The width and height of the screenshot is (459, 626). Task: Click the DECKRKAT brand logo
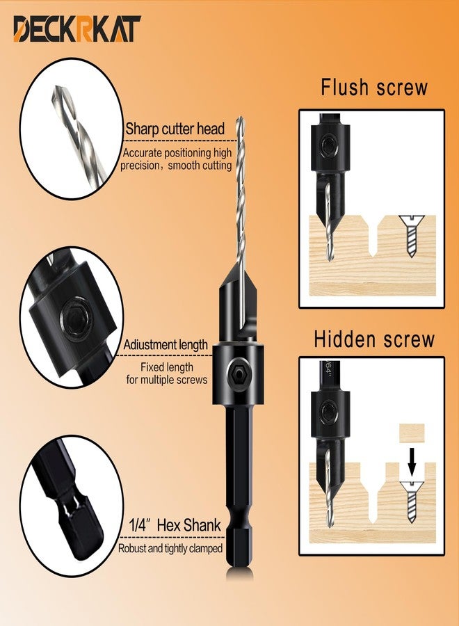76,29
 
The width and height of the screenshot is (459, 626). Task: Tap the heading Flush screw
374,88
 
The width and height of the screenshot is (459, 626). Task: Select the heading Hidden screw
374,339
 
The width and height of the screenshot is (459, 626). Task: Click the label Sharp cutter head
175,129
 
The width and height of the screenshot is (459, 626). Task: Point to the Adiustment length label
166,344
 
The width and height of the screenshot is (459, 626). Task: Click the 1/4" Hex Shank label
175,525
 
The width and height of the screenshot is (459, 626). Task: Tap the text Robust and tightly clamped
170,549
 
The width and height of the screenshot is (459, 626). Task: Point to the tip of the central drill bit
240,118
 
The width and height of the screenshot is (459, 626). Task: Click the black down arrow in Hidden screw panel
412,463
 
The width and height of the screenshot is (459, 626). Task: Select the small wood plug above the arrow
412,433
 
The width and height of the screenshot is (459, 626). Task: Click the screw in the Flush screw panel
412,236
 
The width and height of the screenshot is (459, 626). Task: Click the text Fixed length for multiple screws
167,374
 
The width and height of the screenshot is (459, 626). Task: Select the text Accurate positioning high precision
177,159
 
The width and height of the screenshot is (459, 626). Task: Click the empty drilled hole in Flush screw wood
373,236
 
